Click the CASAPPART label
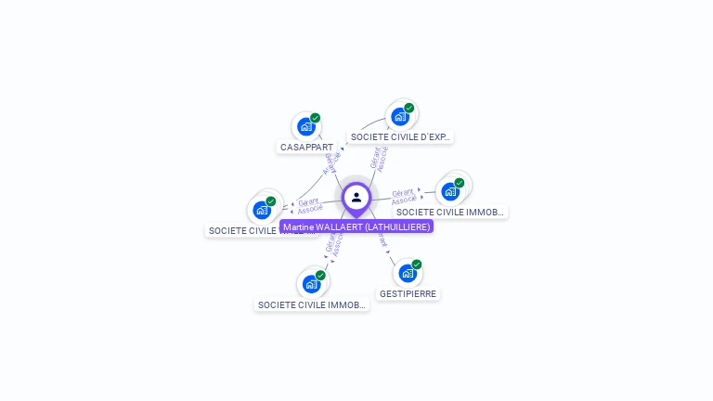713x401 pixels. coord(306,147)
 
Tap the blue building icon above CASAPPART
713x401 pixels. coord(305,126)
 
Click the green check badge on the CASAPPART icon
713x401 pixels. coord(316,118)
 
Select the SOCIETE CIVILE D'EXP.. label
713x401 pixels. coord(399,136)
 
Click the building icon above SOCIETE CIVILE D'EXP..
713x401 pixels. coord(399,116)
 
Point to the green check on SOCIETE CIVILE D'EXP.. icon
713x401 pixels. coord(409,108)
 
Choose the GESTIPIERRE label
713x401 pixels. coord(408,293)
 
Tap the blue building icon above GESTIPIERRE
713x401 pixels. coord(407,273)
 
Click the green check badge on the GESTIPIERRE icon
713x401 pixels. coord(417,265)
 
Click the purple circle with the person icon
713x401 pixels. coord(356,197)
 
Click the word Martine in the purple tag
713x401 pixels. coord(299,226)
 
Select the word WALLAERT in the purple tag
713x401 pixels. coord(340,226)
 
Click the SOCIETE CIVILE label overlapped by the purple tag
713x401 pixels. coord(241,230)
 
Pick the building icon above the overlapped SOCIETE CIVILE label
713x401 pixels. coord(262,210)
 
